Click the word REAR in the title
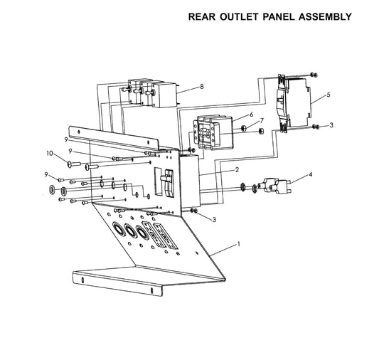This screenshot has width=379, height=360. point(202,16)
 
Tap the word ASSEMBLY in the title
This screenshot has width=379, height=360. point(325,16)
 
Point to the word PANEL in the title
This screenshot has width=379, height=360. point(279,16)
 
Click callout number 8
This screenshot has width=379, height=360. point(202,86)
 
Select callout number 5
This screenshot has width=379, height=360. point(329,95)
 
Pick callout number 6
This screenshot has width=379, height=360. point(252,114)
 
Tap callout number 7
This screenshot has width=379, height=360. point(262,120)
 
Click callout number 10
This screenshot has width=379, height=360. point(50,153)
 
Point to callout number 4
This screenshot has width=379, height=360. point(311,174)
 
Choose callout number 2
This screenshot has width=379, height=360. point(237,169)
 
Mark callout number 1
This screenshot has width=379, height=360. point(239,244)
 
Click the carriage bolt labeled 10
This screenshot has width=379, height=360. point(74,164)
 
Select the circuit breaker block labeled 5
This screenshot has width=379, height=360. point(294,102)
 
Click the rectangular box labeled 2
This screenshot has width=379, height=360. point(189,181)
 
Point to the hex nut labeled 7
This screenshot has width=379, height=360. point(244,127)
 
